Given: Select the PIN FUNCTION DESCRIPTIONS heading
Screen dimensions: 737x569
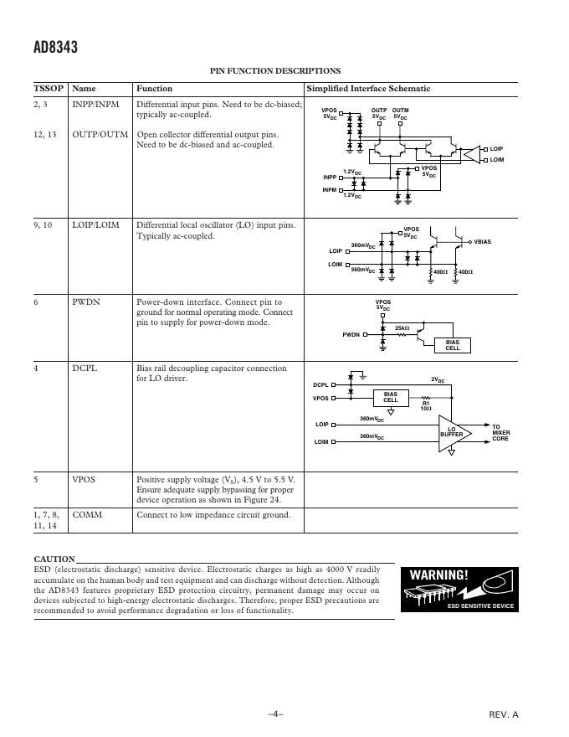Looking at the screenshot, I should tap(274, 71).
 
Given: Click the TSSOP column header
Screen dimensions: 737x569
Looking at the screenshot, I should tap(49, 89).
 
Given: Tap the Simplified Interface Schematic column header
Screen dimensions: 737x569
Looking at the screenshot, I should tap(368, 89).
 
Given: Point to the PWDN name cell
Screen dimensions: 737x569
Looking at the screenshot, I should tap(86, 302).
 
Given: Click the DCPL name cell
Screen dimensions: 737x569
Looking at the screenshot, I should tap(85, 368).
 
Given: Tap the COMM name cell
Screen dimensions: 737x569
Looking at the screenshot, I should tap(87, 515).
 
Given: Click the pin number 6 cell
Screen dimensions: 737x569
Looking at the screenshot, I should tap(36, 302).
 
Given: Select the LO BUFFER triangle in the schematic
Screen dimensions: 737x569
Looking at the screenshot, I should tap(452, 432).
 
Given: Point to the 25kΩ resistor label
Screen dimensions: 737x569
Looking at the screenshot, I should tap(402, 327).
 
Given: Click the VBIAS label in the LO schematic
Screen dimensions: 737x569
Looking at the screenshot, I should tap(483, 241).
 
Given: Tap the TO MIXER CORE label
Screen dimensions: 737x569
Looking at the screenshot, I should tap(500, 432).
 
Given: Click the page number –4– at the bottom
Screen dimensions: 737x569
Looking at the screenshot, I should tap(275, 714).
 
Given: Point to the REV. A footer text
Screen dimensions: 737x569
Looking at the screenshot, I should tap(504, 714).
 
